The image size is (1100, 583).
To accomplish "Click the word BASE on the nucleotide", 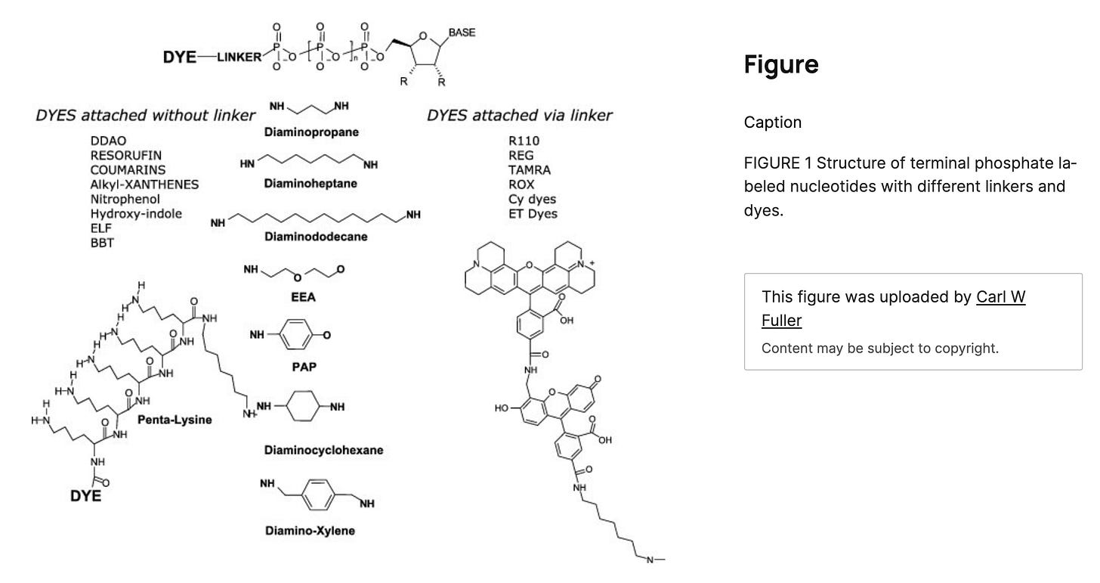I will pyautogui.click(x=462, y=33).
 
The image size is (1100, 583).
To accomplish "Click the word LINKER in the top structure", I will pyautogui.click(x=238, y=57).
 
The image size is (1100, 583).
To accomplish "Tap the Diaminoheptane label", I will pyautogui.click(x=311, y=183).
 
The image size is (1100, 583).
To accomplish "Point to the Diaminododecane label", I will pyautogui.click(x=316, y=237).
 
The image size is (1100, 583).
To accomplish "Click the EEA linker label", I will pyautogui.click(x=303, y=297).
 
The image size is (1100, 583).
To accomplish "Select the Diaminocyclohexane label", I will pyautogui.click(x=323, y=450).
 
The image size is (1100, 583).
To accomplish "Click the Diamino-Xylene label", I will pyautogui.click(x=310, y=530).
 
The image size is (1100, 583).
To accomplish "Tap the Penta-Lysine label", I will pyautogui.click(x=175, y=420).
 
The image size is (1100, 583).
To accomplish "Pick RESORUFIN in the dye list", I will pyautogui.click(x=126, y=156).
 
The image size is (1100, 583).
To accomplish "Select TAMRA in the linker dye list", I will pyautogui.click(x=530, y=169).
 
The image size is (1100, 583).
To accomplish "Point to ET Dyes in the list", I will pyautogui.click(x=533, y=213).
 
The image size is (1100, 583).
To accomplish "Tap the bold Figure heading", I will pyautogui.click(x=781, y=64).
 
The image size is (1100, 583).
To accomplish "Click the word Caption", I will pyautogui.click(x=773, y=122).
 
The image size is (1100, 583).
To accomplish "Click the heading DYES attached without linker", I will pyautogui.click(x=145, y=116).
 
